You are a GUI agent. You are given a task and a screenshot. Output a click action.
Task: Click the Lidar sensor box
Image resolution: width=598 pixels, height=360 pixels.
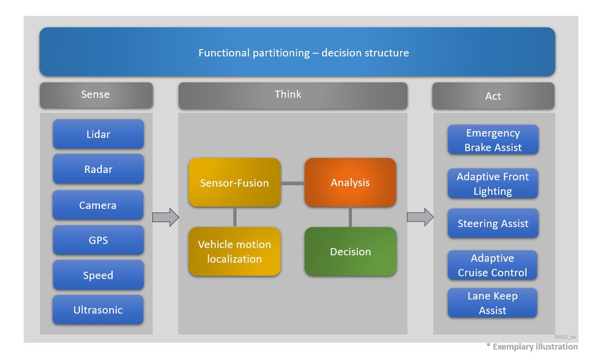pos(98,134)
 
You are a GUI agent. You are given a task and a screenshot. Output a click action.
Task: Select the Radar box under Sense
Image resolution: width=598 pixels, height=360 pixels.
pos(98,169)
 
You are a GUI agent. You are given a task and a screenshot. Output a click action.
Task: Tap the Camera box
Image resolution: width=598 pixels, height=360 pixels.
pos(98,205)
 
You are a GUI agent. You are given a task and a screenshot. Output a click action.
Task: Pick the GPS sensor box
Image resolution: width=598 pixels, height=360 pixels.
pos(98,240)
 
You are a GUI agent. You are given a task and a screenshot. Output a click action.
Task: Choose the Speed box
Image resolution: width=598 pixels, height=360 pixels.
pos(98,275)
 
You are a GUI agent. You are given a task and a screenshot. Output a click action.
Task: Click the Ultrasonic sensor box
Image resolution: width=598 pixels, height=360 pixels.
pos(98,310)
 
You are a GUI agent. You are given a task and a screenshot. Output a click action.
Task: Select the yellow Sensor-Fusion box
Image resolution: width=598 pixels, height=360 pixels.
pos(235,183)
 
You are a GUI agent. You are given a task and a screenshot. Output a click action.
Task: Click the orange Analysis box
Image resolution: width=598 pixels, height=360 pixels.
pos(350,183)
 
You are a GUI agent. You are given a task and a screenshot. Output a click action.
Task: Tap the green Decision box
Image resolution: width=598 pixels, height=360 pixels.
pos(350,252)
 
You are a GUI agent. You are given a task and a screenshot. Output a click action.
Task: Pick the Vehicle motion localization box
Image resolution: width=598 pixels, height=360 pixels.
pos(235,252)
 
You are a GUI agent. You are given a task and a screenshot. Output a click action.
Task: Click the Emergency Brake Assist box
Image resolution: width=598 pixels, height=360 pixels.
pos(493,140)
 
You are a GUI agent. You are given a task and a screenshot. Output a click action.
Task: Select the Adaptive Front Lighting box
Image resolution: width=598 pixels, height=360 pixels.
pos(493,184)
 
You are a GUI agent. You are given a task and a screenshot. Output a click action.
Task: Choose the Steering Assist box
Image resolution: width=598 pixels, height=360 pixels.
pos(493,223)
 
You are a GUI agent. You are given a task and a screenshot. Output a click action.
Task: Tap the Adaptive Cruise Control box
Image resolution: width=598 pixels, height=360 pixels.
pos(492,265)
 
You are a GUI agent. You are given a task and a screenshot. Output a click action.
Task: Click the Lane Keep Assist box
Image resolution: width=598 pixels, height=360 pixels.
pos(492,303)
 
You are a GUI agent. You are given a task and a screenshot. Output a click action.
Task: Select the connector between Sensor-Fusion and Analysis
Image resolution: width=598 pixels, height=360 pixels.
pos(292,183)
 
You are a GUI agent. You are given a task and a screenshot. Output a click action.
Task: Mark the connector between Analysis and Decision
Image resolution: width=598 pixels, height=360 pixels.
pos(350,217)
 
